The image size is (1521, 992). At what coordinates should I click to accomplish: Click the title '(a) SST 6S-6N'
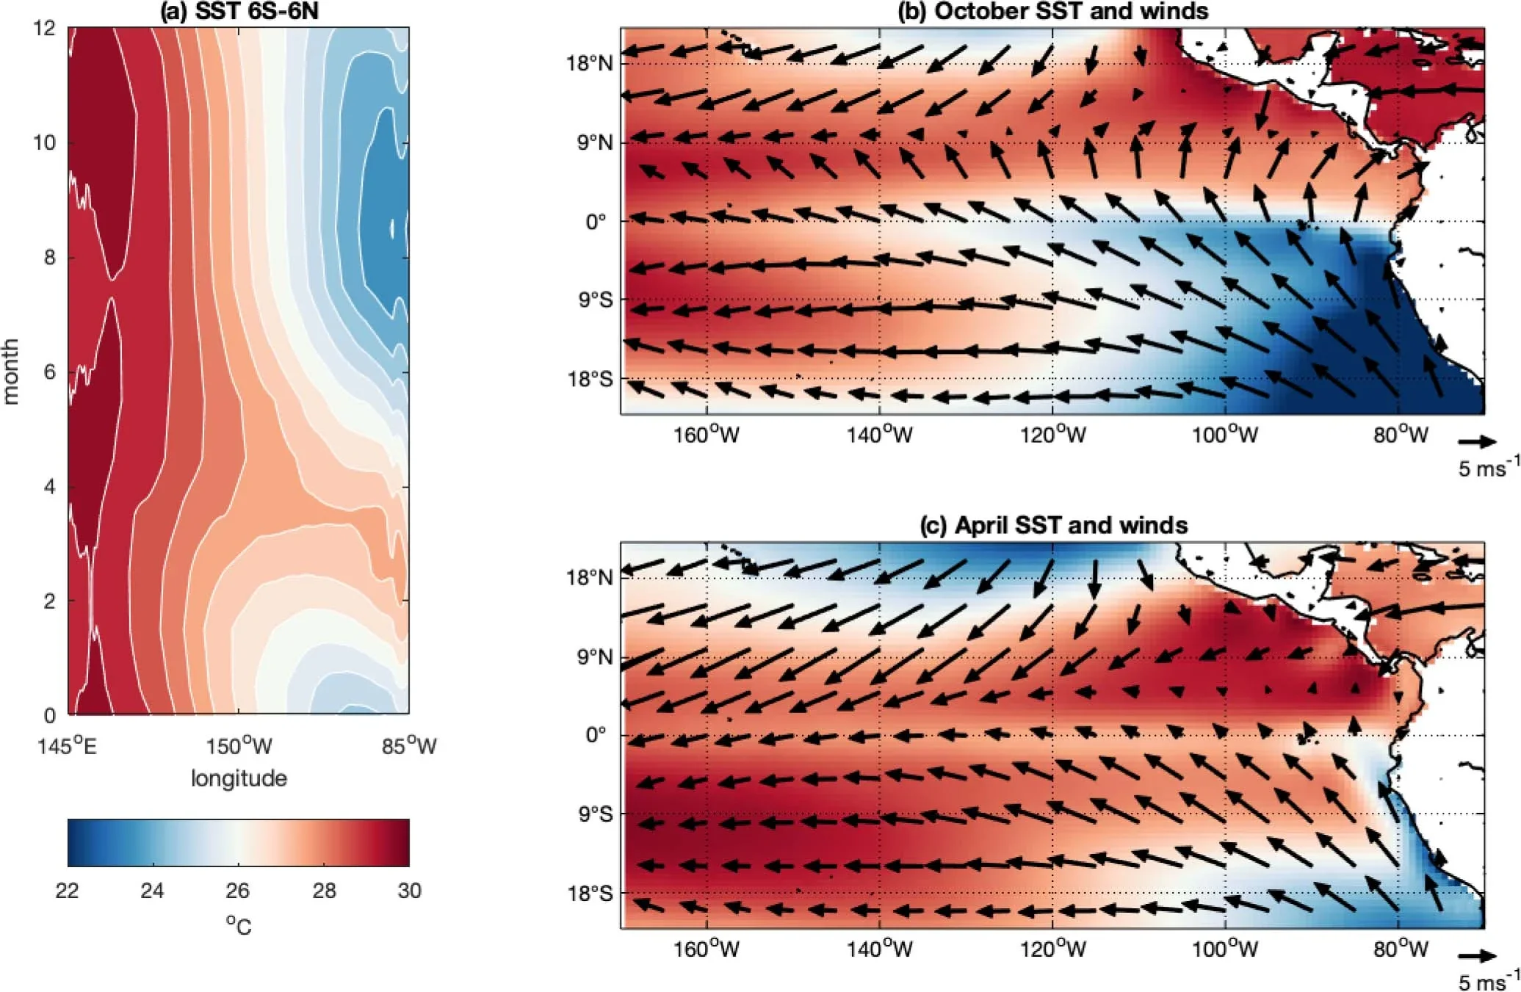tap(239, 12)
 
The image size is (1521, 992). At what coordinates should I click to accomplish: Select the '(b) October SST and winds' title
tap(1052, 11)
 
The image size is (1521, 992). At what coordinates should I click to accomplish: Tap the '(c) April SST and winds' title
tap(1053, 525)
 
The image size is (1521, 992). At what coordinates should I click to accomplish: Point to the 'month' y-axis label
tap(10, 371)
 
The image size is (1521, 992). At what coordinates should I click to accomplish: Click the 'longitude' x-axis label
tap(239, 778)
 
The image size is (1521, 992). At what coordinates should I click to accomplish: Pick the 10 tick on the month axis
tap(44, 142)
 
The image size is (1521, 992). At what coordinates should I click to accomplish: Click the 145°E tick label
tap(67, 747)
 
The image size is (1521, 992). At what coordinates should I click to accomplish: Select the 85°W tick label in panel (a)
tap(409, 747)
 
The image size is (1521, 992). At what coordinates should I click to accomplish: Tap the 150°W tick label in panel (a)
tap(239, 747)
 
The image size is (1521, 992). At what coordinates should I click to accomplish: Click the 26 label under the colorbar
tap(237, 891)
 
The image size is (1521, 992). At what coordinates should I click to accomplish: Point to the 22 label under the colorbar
tap(67, 891)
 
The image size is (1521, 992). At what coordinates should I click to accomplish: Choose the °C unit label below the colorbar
tap(239, 925)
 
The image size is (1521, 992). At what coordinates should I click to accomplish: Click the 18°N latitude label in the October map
tap(589, 63)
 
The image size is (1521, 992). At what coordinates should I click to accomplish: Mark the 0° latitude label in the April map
tap(596, 735)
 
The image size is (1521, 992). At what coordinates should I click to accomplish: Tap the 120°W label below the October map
tap(1052, 435)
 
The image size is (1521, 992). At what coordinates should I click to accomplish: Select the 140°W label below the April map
tap(879, 949)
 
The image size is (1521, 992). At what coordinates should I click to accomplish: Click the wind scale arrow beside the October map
tap(1477, 441)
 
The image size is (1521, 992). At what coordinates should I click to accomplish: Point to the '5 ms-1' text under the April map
tap(1488, 981)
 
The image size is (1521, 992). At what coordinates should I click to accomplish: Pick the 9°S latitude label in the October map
tap(593, 300)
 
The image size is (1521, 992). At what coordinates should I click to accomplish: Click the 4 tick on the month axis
tap(48, 487)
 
